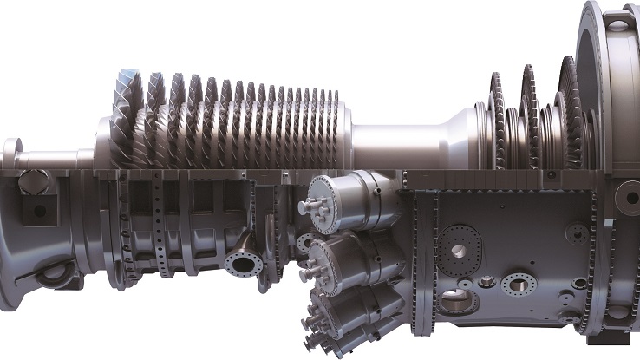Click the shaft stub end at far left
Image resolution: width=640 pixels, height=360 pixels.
11,153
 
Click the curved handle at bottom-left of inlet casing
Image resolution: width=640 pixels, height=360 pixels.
51,272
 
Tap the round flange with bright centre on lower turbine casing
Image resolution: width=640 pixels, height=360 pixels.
519,284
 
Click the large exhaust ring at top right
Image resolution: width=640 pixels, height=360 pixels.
607,78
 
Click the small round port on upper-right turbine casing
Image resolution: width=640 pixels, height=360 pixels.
577,232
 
